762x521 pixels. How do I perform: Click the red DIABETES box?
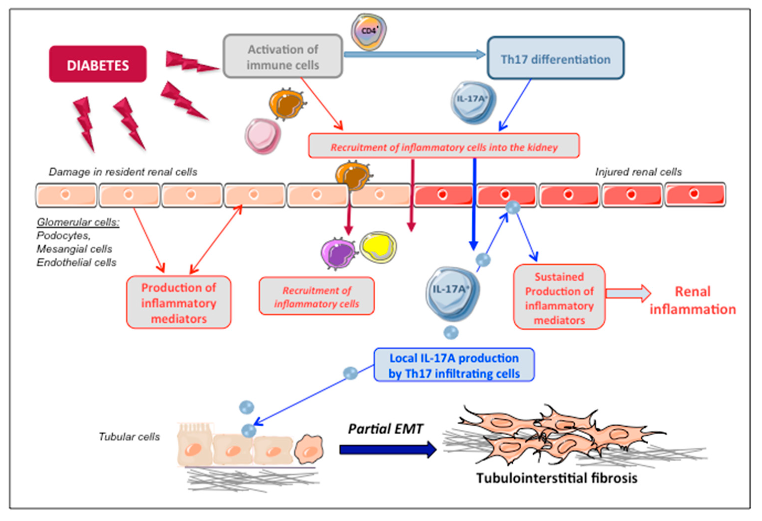pos(98,64)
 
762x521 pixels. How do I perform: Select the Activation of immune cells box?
pos(283,56)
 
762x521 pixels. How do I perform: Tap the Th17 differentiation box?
pos(555,58)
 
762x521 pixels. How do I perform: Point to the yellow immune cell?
pos(378,247)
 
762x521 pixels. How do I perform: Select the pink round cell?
pos(262,136)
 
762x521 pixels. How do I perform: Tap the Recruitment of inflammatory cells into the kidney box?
pos(444,146)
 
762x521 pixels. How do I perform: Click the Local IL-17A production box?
pos(454,365)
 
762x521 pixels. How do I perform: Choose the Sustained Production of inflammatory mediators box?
pos(559,298)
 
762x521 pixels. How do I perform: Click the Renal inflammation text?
pos(693,300)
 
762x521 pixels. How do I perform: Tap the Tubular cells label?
pos(129,437)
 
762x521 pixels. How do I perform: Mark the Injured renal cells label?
pos(638,172)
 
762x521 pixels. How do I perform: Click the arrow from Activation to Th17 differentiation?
pos(414,54)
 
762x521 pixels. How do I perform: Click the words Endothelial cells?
pos(76,262)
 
